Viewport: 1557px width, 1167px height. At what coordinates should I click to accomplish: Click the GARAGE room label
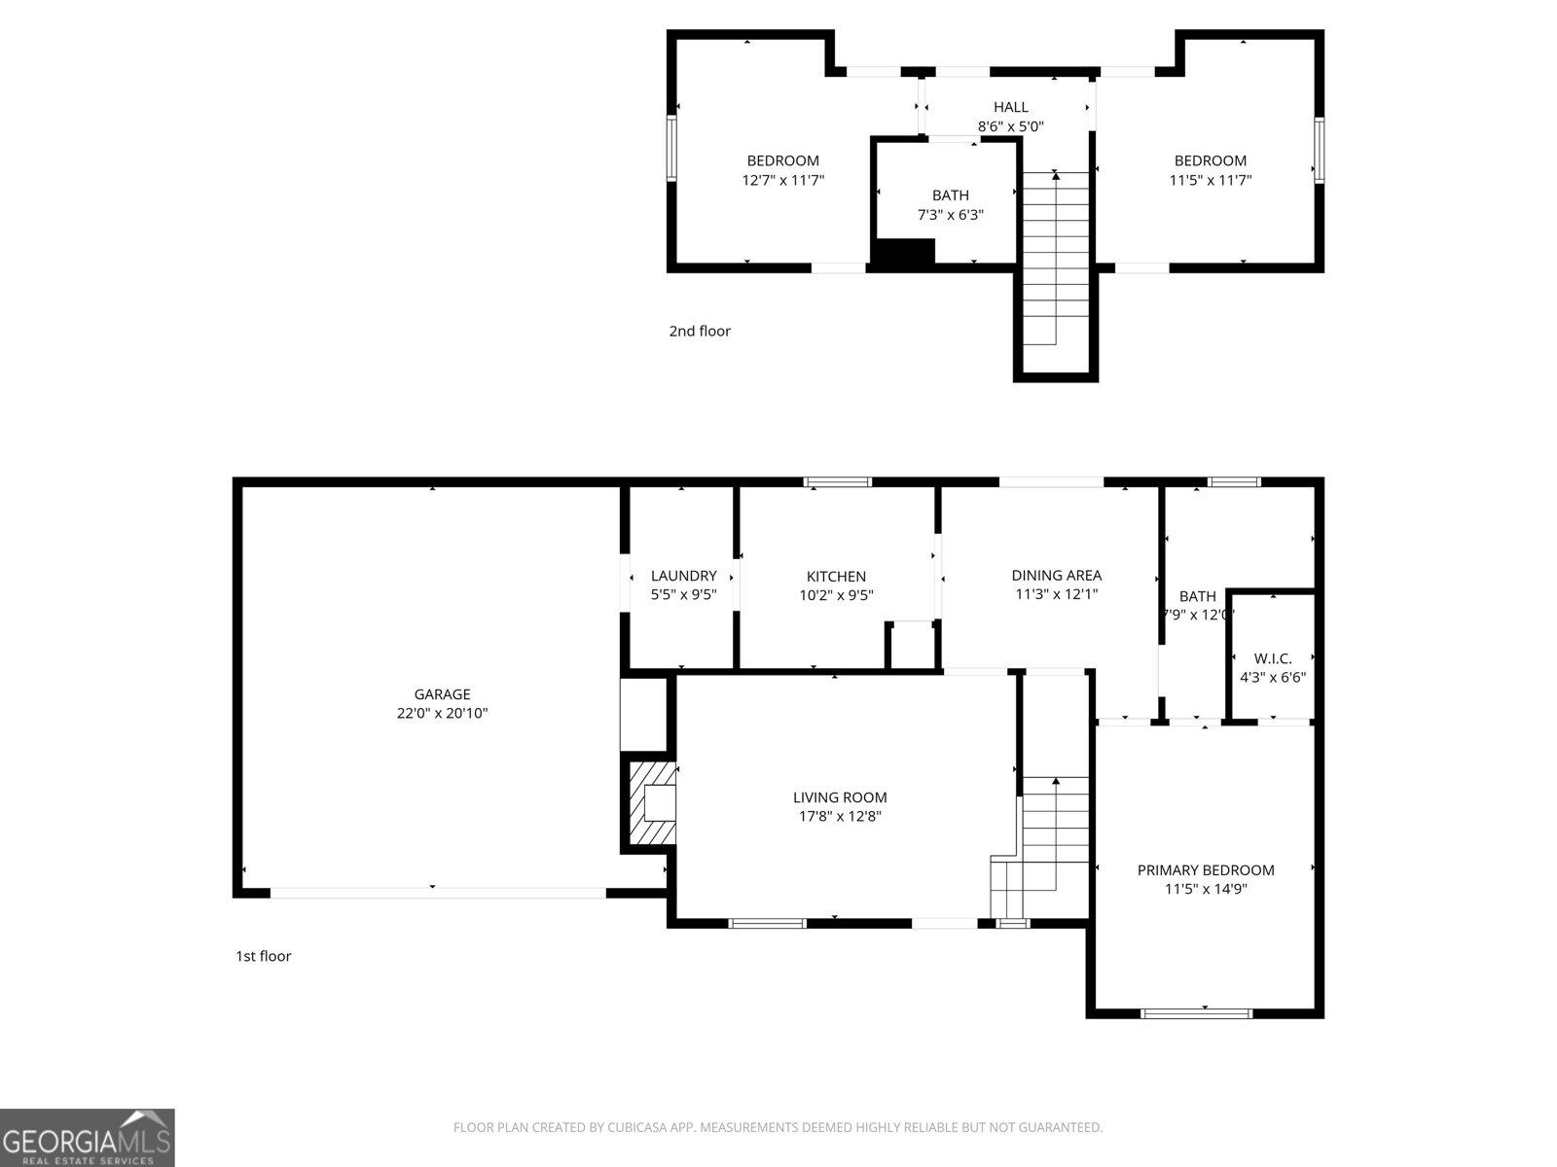(x=442, y=694)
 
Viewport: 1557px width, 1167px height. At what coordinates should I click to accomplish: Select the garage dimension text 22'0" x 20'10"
(x=442, y=713)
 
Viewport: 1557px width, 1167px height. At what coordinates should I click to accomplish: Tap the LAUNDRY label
(x=683, y=576)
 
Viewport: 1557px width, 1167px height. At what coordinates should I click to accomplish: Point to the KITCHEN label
(x=836, y=577)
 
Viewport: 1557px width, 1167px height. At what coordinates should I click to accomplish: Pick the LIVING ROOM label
(x=840, y=797)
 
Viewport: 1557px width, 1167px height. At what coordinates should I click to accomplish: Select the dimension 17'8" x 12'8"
(x=840, y=817)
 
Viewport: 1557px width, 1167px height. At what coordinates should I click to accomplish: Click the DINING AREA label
(x=1056, y=576)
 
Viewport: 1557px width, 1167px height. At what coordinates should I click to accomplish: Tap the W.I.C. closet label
(x=1272, y=658)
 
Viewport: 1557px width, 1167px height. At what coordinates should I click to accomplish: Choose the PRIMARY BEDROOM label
(x=1206, y=870)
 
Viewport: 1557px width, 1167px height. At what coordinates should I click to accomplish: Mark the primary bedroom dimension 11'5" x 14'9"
(x=1206, y=889)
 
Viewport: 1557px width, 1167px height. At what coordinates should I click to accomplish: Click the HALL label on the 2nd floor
(x=1010, y=107)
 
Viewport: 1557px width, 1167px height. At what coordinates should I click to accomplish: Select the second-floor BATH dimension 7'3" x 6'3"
(x=950, y=215)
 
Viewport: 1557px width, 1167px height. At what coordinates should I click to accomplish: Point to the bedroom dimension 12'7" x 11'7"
(x=782, y=180)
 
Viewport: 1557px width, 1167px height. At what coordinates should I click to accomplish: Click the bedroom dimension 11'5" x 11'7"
(x=1210, y=180)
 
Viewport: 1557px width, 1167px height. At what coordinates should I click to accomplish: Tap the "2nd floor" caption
(x=699, y=331)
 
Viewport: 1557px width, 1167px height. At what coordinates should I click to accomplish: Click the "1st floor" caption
(x=263, y=956)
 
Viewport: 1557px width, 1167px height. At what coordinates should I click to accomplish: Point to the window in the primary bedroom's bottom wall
(x=1196, y=1013)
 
